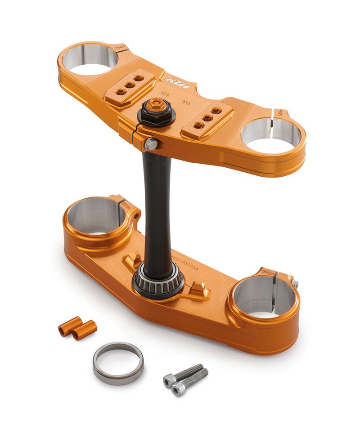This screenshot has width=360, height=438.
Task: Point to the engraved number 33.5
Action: point(186,102)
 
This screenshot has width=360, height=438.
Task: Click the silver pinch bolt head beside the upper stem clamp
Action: point(151,144)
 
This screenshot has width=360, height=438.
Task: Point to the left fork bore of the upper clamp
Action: point(90,58)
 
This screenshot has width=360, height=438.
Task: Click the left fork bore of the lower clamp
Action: point(96,216)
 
